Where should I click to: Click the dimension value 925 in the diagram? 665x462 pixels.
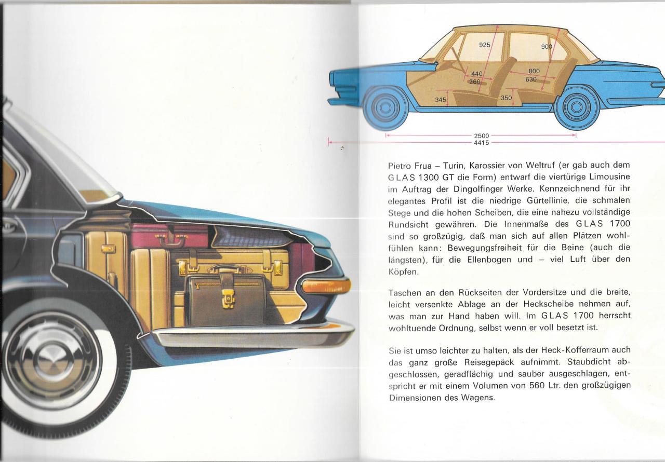coord(484,45)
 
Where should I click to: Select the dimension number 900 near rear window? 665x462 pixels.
coord(547,47)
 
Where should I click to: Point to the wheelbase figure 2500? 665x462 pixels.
coord(482,135)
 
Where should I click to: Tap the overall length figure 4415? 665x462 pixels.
coord(482,142)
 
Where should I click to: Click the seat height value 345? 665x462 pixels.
coord(441,100)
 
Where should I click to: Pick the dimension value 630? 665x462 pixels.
coord(530,79)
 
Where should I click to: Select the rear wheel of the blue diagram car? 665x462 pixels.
coord(576,108)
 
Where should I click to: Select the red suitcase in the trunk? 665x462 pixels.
coord(166,236)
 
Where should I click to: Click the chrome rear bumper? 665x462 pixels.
coord(249,335)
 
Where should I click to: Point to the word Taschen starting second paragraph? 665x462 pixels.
coord(406,293)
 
